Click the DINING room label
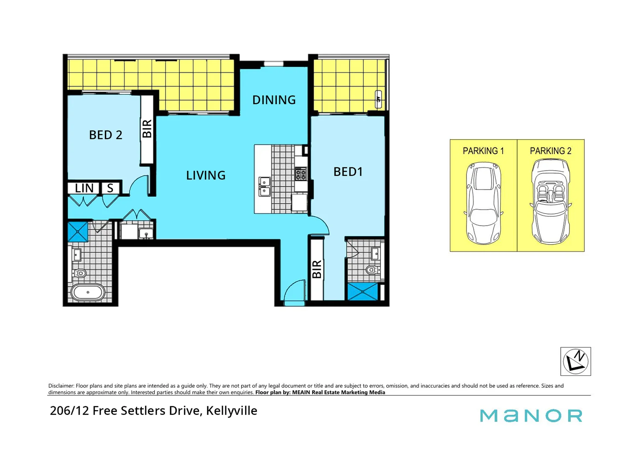click(x=274, y=100)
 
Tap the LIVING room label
click(x=206, y=175)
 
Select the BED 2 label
click(x=105, y=135)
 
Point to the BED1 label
click(x=348, y=172)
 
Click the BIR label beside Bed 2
click(x=147, y=129)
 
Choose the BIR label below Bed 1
click(x=317, y=269)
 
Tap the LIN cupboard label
click(x=84, y=188)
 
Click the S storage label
click(x=110, y=188)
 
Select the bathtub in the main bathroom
click(x=88, y=293)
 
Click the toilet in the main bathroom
click(x=80, y=273)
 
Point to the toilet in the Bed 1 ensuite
click(x=372, y=270)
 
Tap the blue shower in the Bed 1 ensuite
click(x=362, y=292)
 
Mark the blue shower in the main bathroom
click(x=78, y=231)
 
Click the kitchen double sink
click(x=264, y=187)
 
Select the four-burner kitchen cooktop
click(x=301, y=174)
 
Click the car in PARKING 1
click(x=483, y=203)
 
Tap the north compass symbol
click(x=575, y=361)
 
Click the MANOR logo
click(x=531, y=416)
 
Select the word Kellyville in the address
click(x=232, y=411)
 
